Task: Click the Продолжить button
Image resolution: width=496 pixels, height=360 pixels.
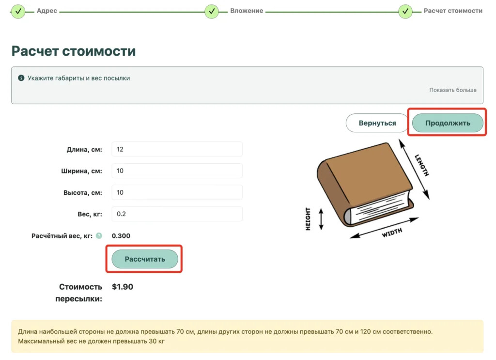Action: (x=448, y=123)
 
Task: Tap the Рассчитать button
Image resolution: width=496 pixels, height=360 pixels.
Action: (x=145, y=259)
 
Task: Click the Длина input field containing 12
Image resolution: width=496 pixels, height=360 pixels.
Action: (x=177, y=149)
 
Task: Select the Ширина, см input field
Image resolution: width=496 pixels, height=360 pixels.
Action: (x=177, y=171)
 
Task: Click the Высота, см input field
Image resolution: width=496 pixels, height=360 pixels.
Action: (x=177, y=192)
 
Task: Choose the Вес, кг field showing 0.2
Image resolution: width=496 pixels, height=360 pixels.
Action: (x=177, y=214)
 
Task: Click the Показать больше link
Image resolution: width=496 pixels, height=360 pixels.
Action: (x=453, y=90)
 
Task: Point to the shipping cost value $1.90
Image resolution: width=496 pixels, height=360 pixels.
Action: (x=123, y=287)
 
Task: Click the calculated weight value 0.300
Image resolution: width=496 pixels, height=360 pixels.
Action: (x=121, y=235)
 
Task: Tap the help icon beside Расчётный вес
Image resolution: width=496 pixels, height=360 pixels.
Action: (x=99, y=235)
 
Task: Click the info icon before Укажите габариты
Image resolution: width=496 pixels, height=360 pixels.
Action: (x=21, y=78)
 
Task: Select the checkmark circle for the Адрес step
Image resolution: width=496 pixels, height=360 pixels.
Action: (x=18, y=12)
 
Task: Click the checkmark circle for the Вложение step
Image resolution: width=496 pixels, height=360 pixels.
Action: (x=212, y=12)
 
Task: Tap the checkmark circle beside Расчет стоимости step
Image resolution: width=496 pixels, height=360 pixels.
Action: (x=405, y=12)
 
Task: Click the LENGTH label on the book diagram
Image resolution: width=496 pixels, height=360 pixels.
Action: (x=422, y=165)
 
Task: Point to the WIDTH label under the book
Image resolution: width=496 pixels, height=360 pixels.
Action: (x=392, y=233)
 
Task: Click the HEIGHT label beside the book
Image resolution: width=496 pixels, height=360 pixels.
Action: (x=308, y=219)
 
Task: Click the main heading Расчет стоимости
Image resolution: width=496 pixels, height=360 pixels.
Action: (x=74, y=51)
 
